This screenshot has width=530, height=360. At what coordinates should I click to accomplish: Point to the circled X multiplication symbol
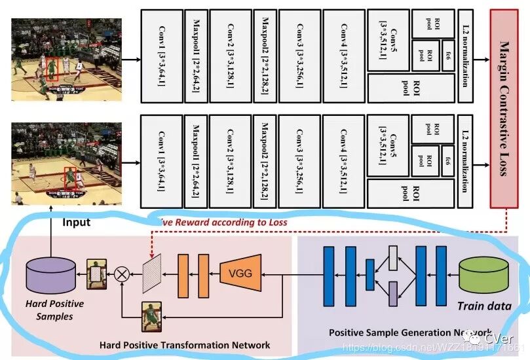[123, 274]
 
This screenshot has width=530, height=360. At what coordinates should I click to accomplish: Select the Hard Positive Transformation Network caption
[185, 344]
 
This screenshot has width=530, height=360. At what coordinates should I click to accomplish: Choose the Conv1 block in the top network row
[162, 55]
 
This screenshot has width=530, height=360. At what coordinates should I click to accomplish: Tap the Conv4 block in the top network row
[343, 55]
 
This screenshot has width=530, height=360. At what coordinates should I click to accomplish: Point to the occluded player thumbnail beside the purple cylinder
[98, 274]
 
